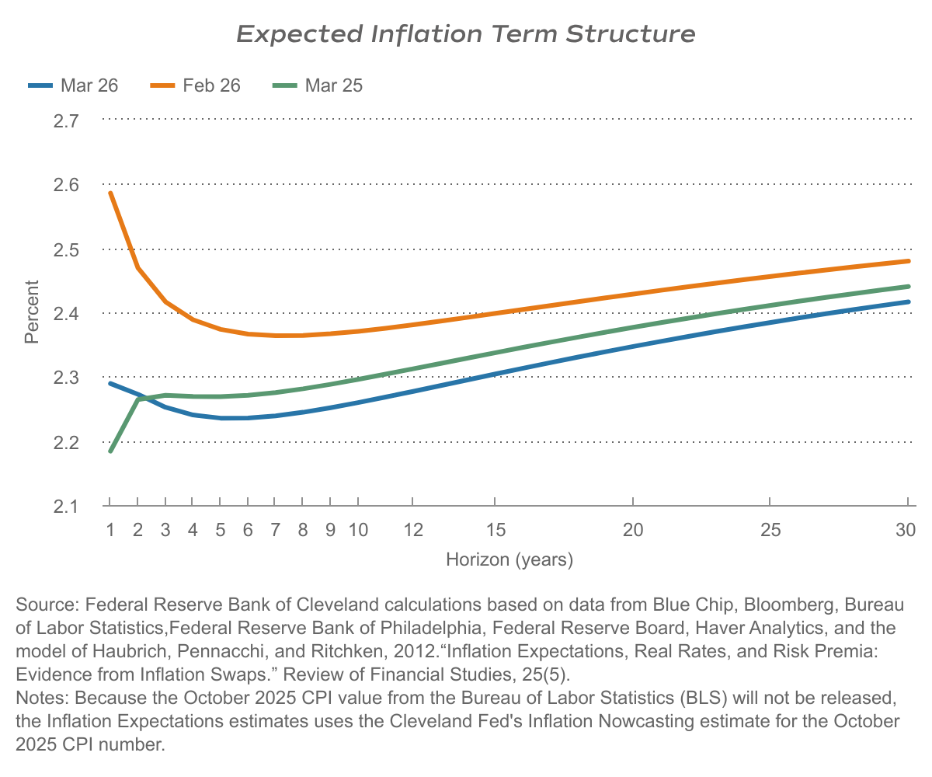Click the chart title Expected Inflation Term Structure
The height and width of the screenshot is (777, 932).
(x=465, y=34)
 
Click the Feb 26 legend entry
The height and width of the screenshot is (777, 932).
(x=195, y=85)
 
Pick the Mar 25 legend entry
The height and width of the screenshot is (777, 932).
(x=318, y=85)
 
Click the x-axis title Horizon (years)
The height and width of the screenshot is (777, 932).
(x=509, y=559)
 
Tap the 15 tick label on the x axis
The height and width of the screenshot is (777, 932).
(x=496, y=530)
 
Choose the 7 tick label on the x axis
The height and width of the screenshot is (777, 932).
(x=275, y=530)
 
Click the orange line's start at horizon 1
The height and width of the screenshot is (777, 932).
(x=110, y=193)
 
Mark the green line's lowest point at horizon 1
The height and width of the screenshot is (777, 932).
(x=110, y=451)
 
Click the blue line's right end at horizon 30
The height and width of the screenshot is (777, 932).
(x=908, y=301)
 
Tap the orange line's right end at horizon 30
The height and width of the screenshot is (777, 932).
(x=908, y=261)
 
